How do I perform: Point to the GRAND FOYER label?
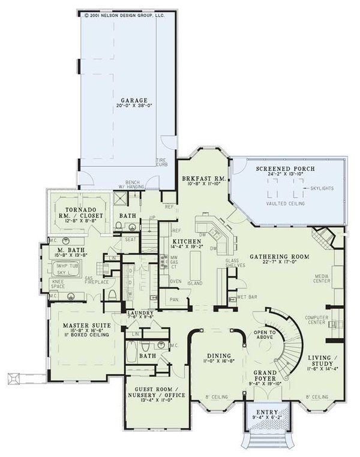click(x=265, y=375)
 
